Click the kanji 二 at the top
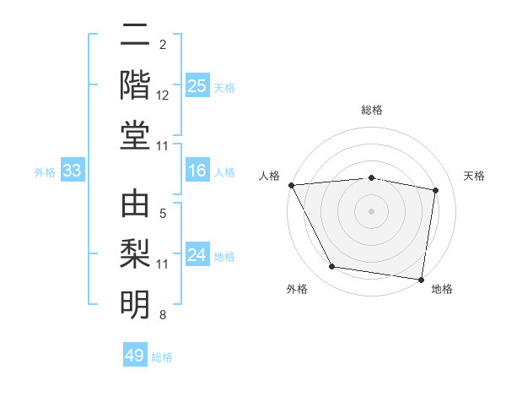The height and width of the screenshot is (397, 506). pos(136,36)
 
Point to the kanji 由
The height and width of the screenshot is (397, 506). pos(136,204)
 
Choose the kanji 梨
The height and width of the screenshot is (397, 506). pos(136,253)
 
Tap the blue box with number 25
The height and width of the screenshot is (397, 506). pos(196,86)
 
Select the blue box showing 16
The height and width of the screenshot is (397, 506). pos(196,171)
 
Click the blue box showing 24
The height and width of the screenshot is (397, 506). pos(196,255)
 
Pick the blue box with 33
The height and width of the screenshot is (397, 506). pos(72,171)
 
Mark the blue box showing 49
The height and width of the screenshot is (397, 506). pos(135,356)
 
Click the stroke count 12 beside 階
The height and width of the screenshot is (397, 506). pos(163,96)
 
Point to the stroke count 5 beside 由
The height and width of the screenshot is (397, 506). pos(163,215)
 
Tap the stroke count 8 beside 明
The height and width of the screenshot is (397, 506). pos(163,315)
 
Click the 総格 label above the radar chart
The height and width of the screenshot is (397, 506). pos(372,110)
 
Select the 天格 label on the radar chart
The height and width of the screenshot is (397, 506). pos(475,176)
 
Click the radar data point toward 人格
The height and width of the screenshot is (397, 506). pos(291,185)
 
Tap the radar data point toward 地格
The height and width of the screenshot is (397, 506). pos(422,279)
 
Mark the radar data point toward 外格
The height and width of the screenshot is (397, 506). pos(331,267)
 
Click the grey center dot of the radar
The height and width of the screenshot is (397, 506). pos(372,211)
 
